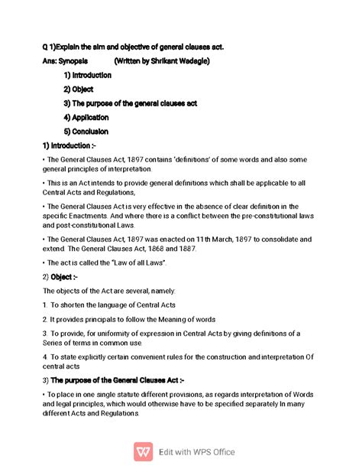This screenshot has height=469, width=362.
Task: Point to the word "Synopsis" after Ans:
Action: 72,61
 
